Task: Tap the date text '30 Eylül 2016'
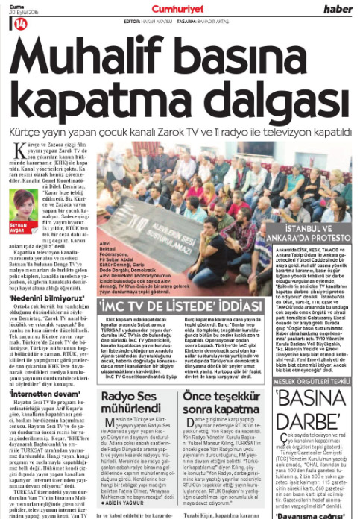(x=16, y=13)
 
